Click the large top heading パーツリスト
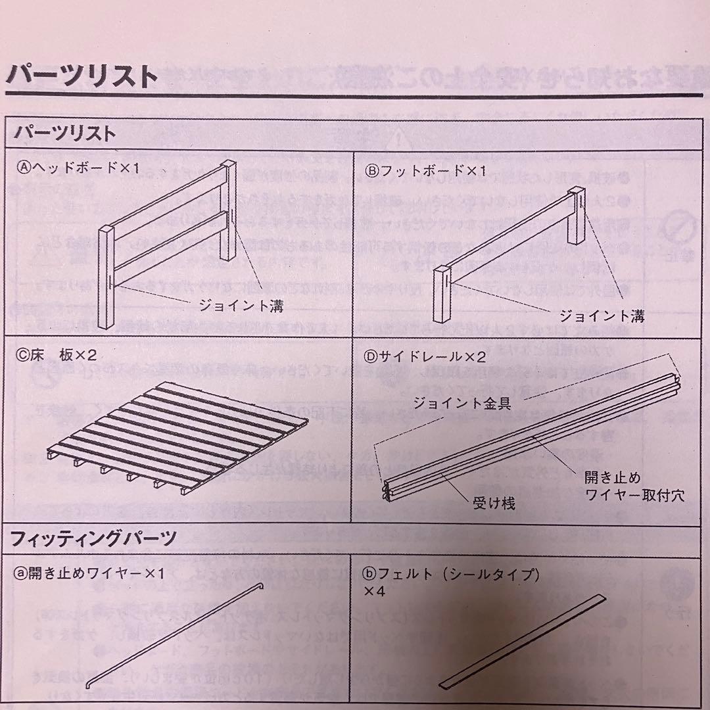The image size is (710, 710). coord(82,77)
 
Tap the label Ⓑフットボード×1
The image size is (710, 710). coord(425,171)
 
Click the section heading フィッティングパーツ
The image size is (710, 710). coord(93,540)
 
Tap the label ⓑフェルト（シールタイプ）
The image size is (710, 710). coord(452,575)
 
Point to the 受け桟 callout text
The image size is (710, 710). coord(494,504)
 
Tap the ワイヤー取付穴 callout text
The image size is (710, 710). coord(634,495)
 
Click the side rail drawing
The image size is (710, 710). coord(532,434)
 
